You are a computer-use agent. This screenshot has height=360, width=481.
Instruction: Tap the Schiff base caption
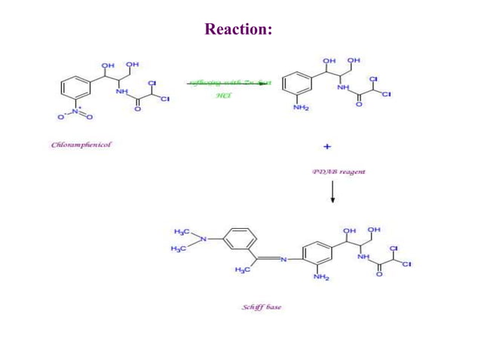(x=262, y=307)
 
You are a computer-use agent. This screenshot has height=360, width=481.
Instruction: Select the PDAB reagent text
(x=339, y=172)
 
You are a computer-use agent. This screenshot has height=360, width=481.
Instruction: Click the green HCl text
(x=224, y=96)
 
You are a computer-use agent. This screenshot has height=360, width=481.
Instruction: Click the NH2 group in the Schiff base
(x=322, y=277)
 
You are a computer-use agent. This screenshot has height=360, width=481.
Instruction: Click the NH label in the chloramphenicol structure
(x=121, y=92)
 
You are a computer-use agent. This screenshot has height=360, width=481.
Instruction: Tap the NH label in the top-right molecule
(x=343, y=87)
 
